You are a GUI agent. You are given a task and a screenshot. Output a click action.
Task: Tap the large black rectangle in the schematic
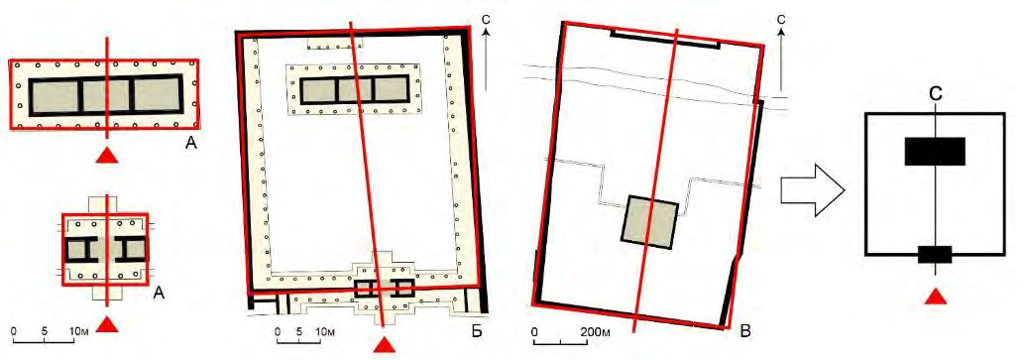pos(934,152)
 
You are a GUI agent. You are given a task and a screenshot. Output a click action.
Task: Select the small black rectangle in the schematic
pos(934,254)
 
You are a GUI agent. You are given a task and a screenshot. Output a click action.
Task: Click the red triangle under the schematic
pos(936,297)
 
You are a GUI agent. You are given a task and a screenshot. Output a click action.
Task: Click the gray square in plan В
pos(648,221)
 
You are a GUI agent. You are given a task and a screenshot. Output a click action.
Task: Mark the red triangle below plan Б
pos(386,345)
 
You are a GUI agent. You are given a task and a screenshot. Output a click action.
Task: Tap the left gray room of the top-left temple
pos(55,96)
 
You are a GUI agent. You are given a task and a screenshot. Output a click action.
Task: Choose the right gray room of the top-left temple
pos(156,95)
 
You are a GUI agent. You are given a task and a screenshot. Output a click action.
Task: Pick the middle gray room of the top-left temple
pos(106,96)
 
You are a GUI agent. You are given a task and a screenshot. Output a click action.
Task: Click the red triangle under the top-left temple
pos(108,156)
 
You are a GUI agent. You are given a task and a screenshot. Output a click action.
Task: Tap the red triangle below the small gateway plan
pos(108,323)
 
